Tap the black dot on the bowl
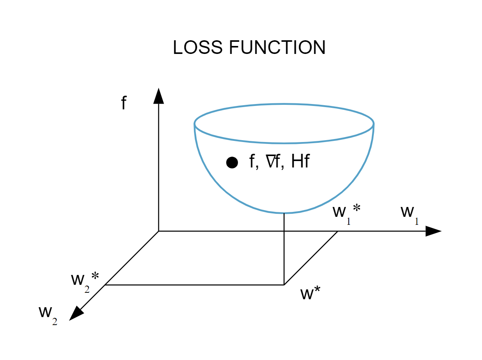(232, 163)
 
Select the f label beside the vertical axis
(123, 103)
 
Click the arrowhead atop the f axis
(159, 95)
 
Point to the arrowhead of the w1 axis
(433, 231)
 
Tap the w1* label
(346, 213)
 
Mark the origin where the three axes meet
(159, 231)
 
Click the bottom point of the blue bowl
(284, 212)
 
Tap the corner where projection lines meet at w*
(284, 284)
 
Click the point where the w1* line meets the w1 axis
(338, 231)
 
